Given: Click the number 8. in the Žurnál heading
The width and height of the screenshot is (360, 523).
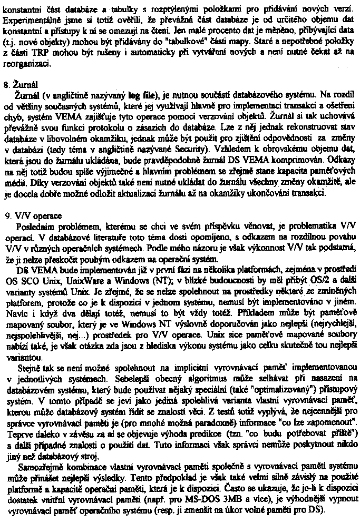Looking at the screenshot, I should (6, 85).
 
